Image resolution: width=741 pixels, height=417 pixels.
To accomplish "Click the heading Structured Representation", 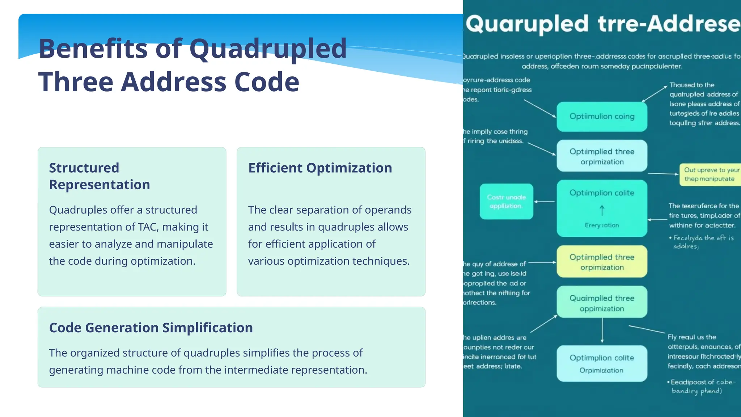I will point(99,176).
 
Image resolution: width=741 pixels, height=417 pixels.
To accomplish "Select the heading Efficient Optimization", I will point(320,168).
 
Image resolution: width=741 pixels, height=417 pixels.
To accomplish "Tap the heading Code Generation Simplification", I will point(151,328).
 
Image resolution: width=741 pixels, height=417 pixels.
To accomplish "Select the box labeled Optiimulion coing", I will point(602,117).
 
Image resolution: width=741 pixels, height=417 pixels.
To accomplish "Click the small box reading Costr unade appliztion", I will point(506,202).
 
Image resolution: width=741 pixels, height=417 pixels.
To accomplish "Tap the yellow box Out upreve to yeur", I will point(710,174).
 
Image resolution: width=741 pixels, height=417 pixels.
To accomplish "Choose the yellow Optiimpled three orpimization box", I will point(602,262).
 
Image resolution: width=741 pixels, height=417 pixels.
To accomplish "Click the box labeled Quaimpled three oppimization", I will point(602,303).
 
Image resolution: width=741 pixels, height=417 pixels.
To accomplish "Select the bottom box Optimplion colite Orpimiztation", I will point(602,363).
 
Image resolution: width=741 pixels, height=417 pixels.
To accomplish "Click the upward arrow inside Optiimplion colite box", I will point(602,210).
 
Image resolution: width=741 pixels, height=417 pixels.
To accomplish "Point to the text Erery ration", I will point(602,225).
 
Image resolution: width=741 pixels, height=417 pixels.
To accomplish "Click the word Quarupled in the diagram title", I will point(527,24).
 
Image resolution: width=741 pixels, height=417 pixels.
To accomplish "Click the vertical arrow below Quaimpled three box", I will point(602,330).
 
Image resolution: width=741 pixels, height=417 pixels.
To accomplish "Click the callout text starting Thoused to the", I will point(692,85).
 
